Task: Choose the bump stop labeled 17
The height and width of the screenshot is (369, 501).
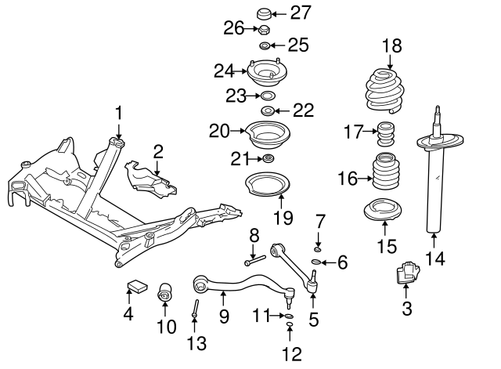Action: click(x=385, y=133)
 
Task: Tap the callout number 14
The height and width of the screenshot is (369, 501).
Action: click(x=432, y=258)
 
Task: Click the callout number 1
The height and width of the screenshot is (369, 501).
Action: click(x=119, y=114)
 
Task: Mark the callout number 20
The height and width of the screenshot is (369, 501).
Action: click(x=220, y=131)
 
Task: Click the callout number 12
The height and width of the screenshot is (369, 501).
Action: click(x=291, y=354)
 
